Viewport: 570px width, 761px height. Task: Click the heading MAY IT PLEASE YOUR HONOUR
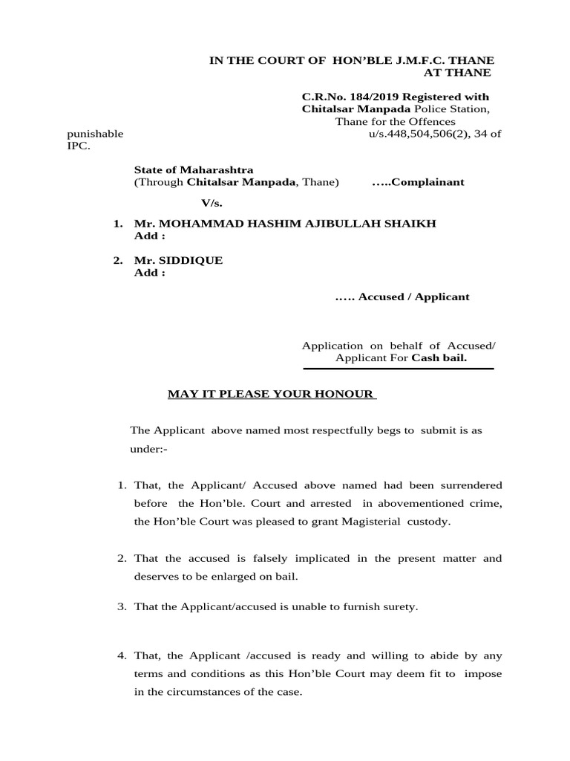(x=272, y=394)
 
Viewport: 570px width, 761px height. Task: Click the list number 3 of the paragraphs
(x=122, y=607)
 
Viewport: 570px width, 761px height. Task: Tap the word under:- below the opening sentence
(x=144, y=450)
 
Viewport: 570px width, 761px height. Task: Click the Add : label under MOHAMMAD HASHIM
(x=149, y=236)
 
